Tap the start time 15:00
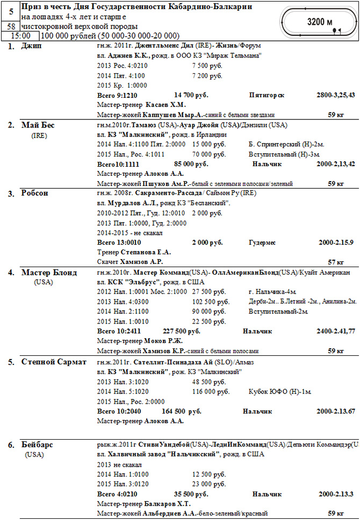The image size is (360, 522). [19, 35]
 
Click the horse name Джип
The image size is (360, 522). [31, 47]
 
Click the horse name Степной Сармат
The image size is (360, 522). [53, 362]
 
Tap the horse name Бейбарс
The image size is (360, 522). [37, 445]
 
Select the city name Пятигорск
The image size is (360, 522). [267, 95]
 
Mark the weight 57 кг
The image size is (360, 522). [336, 262]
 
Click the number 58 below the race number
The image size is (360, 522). [11, 26]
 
